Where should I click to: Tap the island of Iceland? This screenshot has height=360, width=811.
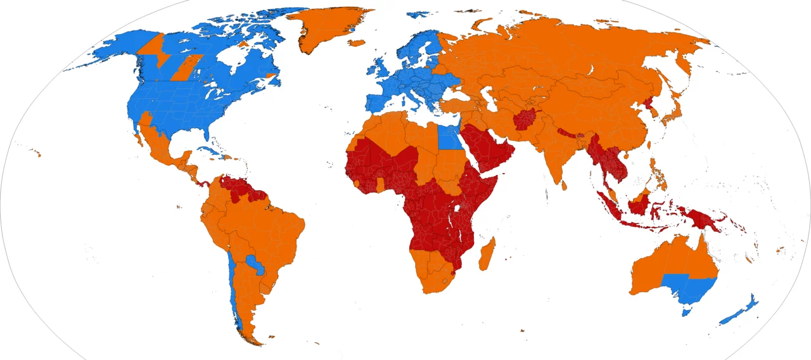coord(357,43)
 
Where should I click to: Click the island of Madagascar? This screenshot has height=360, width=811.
coord(486,252)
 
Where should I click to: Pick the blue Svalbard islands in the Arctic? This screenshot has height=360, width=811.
coord(418,13)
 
